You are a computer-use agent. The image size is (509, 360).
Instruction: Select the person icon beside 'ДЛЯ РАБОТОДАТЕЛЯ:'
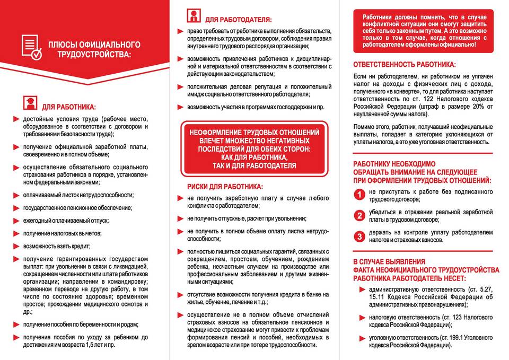pyautogui.click(x=194, y=16)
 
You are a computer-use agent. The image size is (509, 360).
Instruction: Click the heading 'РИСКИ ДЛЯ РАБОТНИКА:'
pyautogui.click(x=225, y=187)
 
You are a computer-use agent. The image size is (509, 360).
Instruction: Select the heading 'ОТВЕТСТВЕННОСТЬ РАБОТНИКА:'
pyautogui.click(x=406, y=65)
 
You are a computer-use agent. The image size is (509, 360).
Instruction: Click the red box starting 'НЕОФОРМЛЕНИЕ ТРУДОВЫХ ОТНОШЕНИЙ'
pyautogui.click(x=254, y=148)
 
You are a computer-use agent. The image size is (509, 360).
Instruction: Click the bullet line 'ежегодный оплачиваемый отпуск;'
pyautogui.click(x=65, y=220)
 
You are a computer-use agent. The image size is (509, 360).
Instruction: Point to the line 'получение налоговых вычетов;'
pyautogui.click(x=62, y=233)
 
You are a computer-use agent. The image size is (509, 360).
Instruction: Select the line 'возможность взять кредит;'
pyautogui.click(x=57, y=246)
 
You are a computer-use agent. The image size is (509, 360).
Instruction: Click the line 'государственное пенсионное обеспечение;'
pyautogui.click(x=77, y=207)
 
